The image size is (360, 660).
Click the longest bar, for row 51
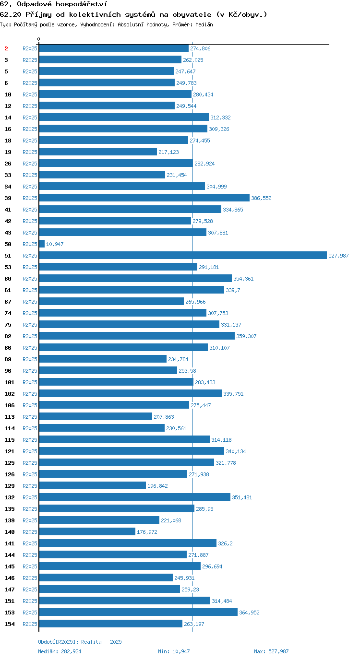point(183,255)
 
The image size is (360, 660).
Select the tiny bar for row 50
point(42,244)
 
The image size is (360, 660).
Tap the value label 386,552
point(261,198)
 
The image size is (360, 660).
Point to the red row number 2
point(6,48)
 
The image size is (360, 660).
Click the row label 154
point(10,624)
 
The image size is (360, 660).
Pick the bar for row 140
point(87,531)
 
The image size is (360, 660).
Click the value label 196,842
point(157,486)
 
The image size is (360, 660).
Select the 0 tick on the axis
point(38,39)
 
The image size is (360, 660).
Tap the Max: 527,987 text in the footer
point(271,651)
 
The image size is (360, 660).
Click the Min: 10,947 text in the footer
point(174,651)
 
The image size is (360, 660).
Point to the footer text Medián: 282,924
point(60,651)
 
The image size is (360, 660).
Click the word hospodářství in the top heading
point(82,4)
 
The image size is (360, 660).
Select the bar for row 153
point(138,612)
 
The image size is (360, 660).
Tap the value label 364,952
point(249,613)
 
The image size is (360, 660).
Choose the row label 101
point(10,382)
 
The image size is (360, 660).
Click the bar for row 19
point(98,152)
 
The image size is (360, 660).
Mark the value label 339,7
point(233,290)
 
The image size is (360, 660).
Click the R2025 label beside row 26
point(30,164)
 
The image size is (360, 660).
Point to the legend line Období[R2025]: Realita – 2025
point(80,642)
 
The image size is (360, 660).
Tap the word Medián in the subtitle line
point(204,24)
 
